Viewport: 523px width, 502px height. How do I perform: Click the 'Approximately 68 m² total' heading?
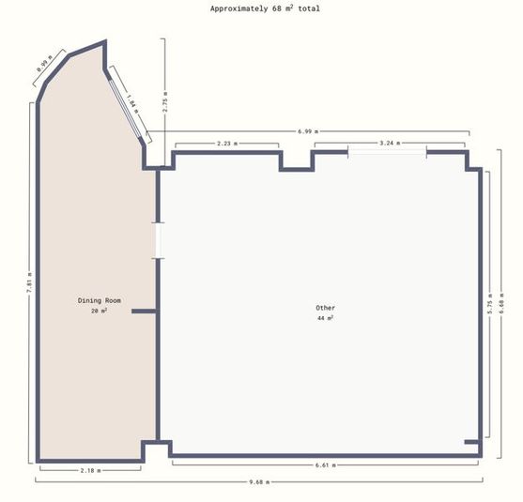pos(265,8)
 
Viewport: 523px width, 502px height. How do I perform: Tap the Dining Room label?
pos(100,300)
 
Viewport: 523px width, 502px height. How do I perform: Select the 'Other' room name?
pos(325,308)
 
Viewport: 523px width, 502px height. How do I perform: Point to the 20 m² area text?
pos(100,311)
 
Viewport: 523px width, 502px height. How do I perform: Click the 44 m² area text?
pos(325,318)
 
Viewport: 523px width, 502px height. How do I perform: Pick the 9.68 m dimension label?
pos(259,481)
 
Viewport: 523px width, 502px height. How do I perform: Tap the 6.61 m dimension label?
pos(326,465)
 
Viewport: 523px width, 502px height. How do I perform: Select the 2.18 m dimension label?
pos(90,471)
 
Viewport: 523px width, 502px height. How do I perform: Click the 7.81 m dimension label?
pos(30,282)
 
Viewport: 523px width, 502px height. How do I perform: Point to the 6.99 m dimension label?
pos(308,131)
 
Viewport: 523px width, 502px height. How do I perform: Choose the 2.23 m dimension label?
pos(227,144)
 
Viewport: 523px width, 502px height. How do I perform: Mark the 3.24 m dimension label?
pos(390,144)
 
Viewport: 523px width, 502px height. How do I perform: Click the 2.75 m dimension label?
pos(165,102)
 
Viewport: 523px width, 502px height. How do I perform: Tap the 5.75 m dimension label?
pos(489,304)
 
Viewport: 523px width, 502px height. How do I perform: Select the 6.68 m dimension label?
pos(501,303)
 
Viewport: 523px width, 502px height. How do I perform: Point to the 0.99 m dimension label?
pos(45,64)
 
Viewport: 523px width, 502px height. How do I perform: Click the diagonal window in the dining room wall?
pos(125,108)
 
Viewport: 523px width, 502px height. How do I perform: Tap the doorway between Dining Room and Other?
pos(158,240)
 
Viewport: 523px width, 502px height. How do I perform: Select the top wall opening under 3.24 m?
pos(387,152)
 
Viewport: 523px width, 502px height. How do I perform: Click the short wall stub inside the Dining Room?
pos(144,312)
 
